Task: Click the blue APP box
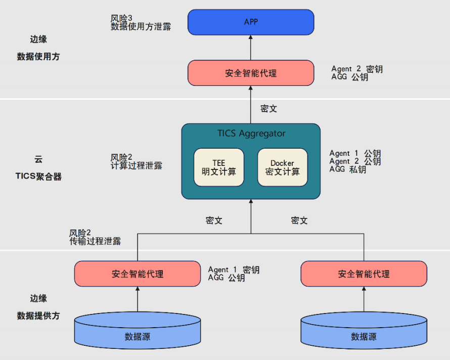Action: coord(251,22)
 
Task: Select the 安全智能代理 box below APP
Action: coord(251,73)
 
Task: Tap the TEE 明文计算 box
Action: coord(218,167)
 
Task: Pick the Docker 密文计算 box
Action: coord(282,167)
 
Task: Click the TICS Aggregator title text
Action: coord(251,133)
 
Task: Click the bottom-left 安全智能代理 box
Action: coord(138,274)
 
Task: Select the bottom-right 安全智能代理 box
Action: coord(364,274)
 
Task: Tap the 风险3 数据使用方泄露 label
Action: coord(141,23)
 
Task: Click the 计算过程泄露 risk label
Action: coord(137,165)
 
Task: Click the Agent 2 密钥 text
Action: coord(357,69)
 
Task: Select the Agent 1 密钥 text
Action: coord(234,270)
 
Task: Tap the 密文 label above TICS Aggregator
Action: coord(268,108)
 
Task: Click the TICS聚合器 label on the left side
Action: coord(38,176)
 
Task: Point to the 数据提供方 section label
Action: coord(38,316)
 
